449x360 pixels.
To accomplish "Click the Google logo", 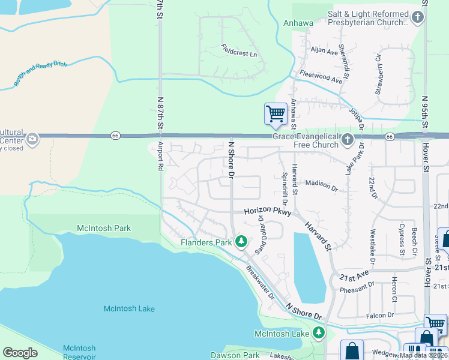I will point(20,353).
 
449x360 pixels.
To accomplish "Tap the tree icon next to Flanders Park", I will point(241,242).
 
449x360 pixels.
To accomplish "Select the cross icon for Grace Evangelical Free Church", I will point(347,140).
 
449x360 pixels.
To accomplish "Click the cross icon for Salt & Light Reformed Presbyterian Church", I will point(418,17).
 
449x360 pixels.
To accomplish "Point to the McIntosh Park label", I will point(104,228).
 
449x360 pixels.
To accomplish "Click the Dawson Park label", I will point(235,355).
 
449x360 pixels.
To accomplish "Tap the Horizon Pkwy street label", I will point(267,212).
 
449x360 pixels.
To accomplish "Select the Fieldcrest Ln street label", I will point(238,50).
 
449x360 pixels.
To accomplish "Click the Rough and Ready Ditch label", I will point(40,73).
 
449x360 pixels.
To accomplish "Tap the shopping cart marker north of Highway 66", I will point(276,113).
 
